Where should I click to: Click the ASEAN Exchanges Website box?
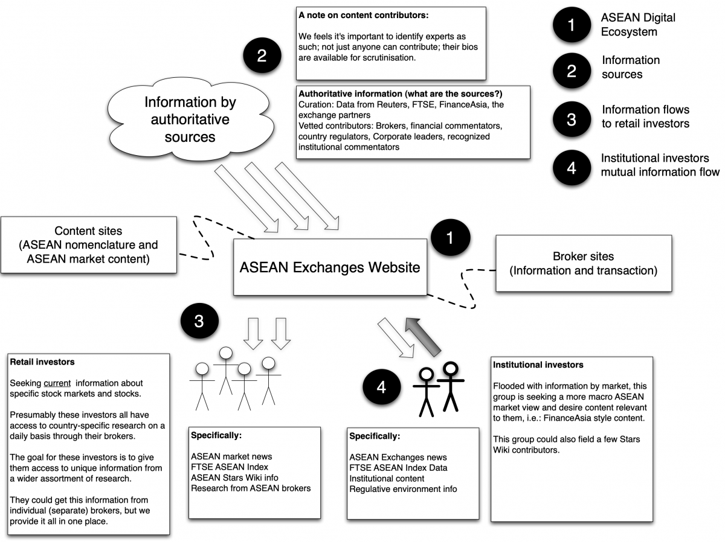330,267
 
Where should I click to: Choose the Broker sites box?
583,263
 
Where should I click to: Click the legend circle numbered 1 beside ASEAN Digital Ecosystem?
572,25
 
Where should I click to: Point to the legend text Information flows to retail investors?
645,117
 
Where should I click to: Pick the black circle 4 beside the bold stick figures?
381,387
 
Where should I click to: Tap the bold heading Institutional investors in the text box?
538,365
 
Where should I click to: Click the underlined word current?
57,383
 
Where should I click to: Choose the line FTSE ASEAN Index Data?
398,468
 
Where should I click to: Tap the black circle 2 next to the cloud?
262,56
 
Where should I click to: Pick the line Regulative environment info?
403,489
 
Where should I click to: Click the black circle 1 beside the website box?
449,238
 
